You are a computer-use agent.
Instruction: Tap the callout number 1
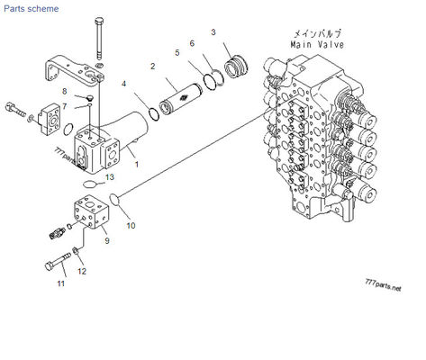(x=136, y=164)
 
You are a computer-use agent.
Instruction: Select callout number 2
(x=153, y=67)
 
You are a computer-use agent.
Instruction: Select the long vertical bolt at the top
(x=96, y=36)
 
